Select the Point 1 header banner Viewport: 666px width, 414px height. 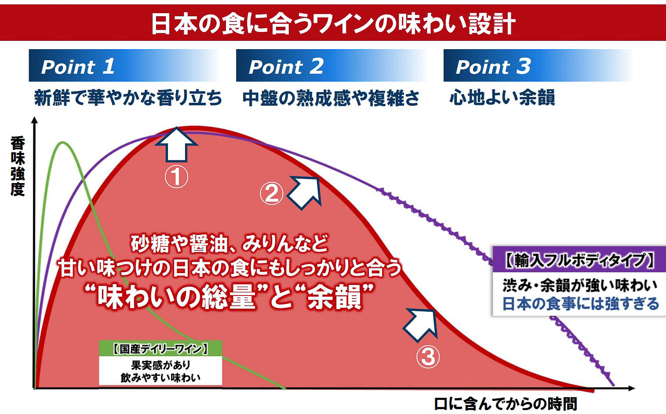click(x=123, y=66)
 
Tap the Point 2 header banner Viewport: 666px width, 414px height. click(x=331, y=66)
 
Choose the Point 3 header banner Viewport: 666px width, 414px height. click(x=537, y=66)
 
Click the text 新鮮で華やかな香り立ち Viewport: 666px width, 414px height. click(x=128, y=98)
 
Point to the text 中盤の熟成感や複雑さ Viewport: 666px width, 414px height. click(x=331, y=98)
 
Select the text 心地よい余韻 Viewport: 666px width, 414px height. click(x=502, y=98)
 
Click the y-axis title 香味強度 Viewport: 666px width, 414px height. click(x=18, y=166)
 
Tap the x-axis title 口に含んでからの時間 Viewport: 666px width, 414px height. click(x=506, y=403)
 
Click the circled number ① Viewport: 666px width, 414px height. click(x=176, y=176)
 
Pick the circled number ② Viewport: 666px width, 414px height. click(x=271, y=193)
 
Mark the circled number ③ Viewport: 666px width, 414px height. click(x=427, y=356)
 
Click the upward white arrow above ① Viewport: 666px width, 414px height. click(x=176, y=144)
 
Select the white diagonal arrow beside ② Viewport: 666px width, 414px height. click(x=305, y=191)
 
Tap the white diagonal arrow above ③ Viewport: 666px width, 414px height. click(x=421, y=324)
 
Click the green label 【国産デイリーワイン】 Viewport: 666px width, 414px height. click(x=160, y=349)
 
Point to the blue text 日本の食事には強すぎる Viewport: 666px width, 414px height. click(x=580, y=304)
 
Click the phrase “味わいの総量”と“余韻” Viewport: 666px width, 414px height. click(x=231, y=297)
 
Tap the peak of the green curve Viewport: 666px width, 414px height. click(x=63, y=142)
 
